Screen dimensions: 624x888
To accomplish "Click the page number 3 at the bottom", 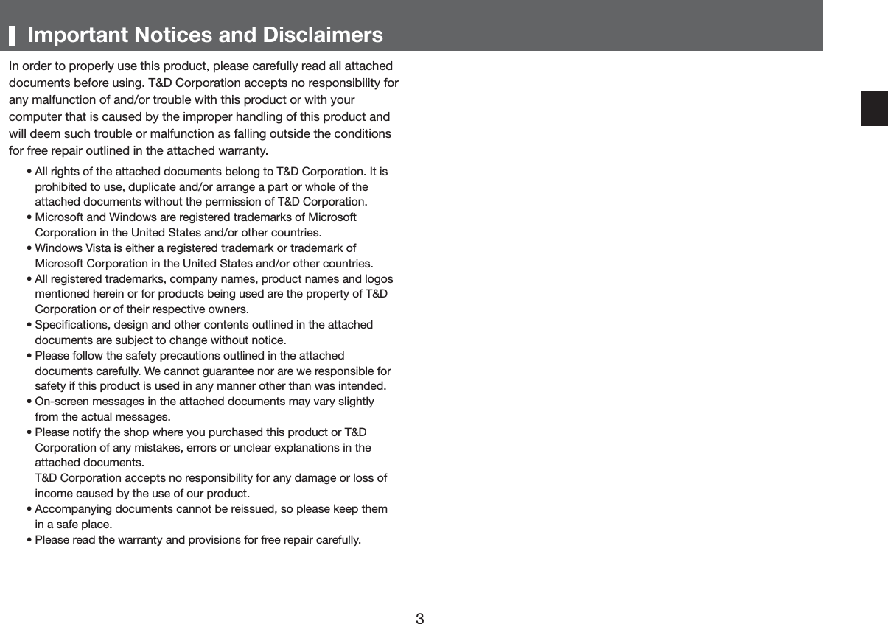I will pyautogui.click(x=419, y=618).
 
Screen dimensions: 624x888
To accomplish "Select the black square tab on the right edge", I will pyautogui.click(x=874, y=109).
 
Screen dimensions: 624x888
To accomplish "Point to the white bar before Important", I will pyautogui.click(x=13, y=35).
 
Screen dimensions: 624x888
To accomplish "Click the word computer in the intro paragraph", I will pyautogui.click(x=34, y=117).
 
